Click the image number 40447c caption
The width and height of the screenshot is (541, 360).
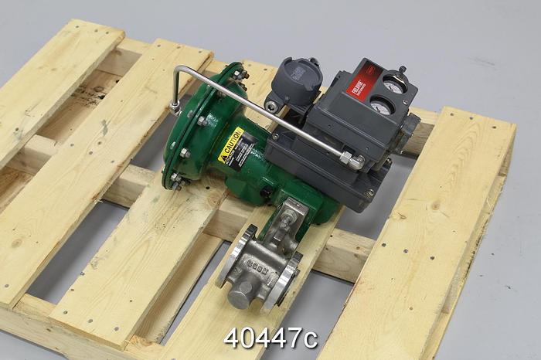[270, 338]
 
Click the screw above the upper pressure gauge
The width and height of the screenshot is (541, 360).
[401, 71]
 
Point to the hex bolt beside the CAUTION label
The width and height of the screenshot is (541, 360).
[202, 121]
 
